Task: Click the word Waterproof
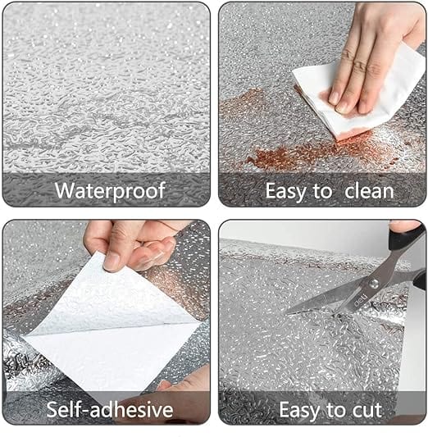(x=109, y=191)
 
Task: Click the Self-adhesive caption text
(x=109, y=409)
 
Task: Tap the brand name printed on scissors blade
(x=344, y=294)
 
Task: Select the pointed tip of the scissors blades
(x=289, y=310)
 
